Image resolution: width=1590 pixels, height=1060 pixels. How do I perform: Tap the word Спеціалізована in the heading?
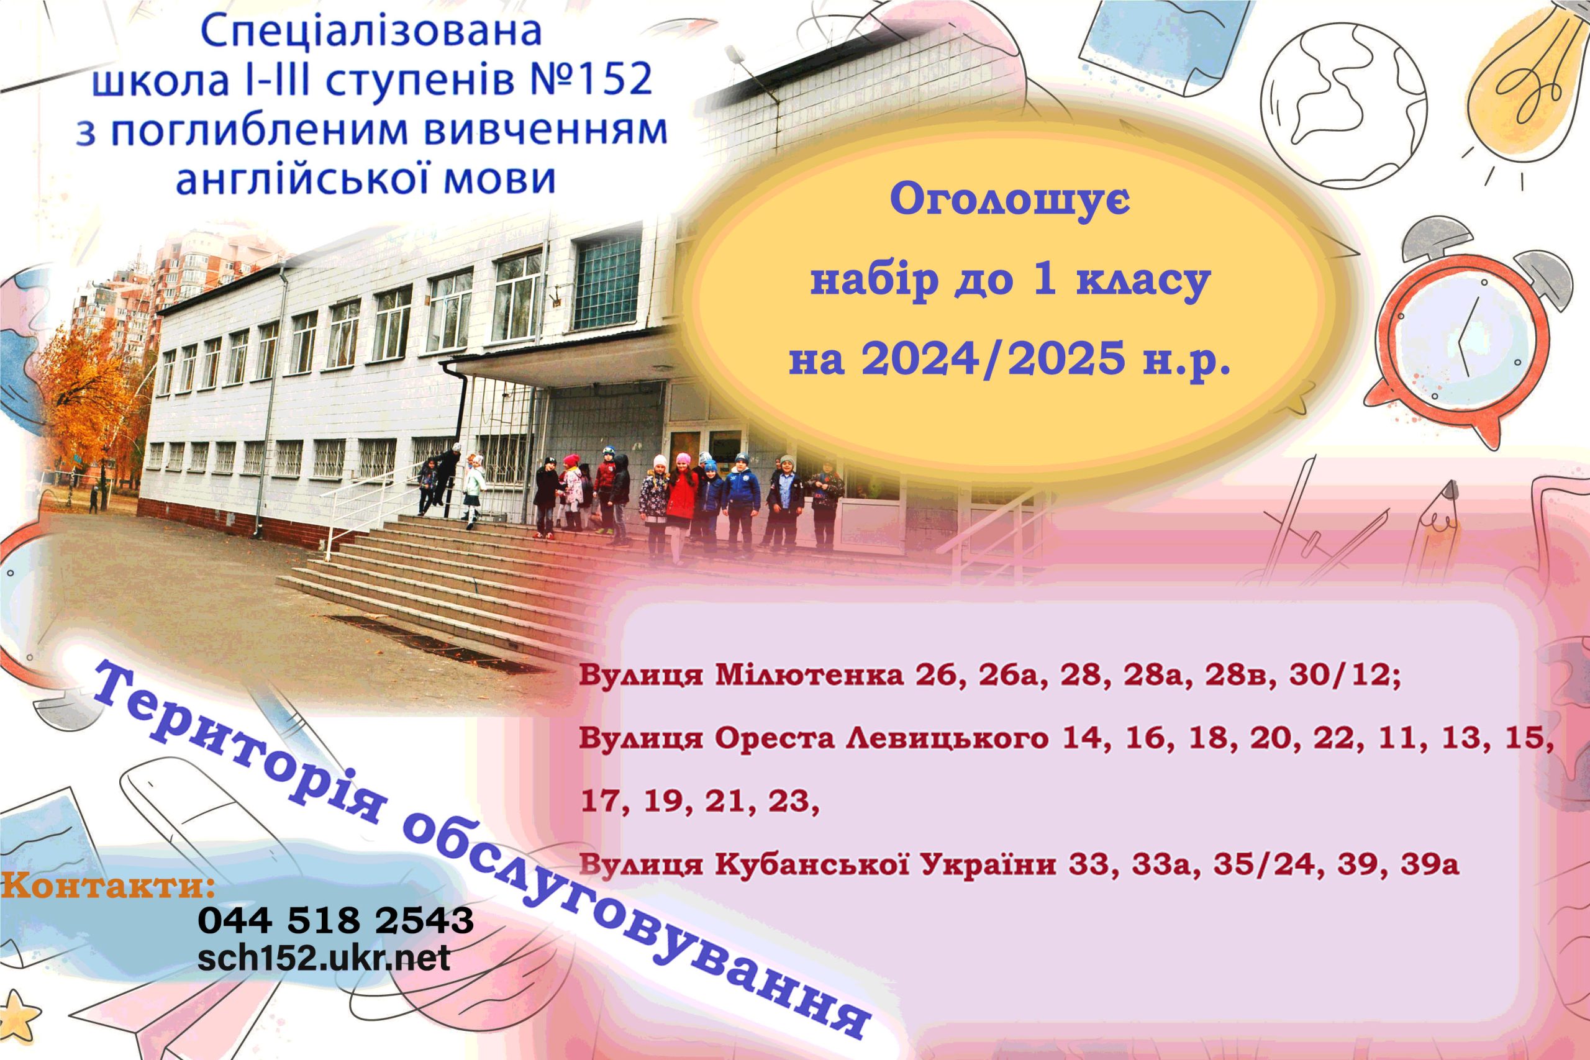pyautogui.click(x=371, y=32)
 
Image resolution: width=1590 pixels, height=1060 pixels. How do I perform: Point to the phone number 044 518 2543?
pyautogui.click(x=336, y=921)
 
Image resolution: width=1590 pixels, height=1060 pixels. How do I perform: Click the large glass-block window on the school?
pyautogui.click(x=606, y=282)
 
